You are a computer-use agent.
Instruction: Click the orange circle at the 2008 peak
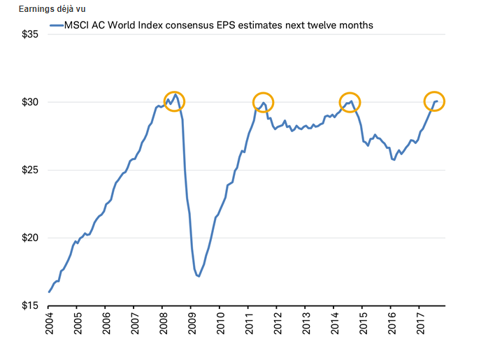174,101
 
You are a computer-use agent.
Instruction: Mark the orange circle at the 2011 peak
263,102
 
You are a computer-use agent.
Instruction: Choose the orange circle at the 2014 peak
350,101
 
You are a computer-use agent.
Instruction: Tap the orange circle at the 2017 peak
434,101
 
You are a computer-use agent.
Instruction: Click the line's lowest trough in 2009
199,276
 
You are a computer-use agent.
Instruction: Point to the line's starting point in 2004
49,291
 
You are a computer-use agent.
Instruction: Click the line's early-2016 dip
394,159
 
